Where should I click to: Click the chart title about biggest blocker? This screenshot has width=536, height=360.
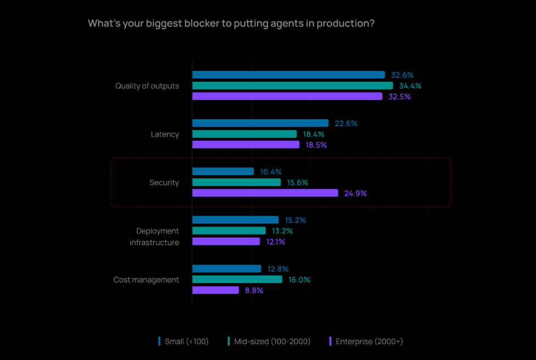[231, 24]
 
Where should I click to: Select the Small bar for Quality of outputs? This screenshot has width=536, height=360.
[288, 75]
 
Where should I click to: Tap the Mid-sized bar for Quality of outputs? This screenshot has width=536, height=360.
[292, 86]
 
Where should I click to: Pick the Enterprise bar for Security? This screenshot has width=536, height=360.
[265, 193]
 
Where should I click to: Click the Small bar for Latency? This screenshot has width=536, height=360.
[260, 123]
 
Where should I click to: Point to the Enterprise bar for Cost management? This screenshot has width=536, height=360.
[215, 290]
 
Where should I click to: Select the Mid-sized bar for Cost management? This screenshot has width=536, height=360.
[237, 279]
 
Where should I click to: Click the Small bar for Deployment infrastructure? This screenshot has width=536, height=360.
[235, 220]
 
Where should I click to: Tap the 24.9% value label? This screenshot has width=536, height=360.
[355, 193]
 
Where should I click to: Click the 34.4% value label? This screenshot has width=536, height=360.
[410, 86]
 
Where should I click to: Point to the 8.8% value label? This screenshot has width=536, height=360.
[254, 290]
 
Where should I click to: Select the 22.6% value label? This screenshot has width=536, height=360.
[346, 123]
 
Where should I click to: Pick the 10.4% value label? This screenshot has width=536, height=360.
[271, 172]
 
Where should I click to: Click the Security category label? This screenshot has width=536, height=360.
[164, 183]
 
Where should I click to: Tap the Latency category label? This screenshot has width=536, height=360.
[165, 134]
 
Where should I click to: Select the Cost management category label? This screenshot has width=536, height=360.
[146, 280]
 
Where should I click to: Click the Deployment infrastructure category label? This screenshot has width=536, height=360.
[154, 237]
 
